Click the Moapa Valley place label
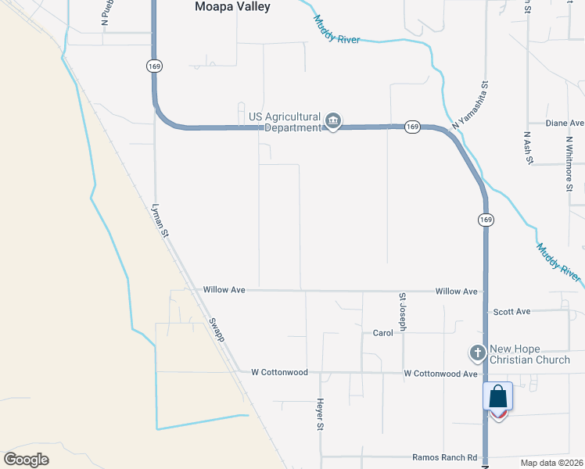(231, 7)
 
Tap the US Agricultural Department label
(285, 122)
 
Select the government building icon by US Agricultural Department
(333, 122)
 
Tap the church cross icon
(477, 353)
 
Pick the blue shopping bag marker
(497, 399)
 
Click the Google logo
(26, 460)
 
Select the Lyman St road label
(160, 220)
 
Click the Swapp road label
(217, 330)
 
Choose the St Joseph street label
(403, 312)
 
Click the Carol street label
(382, 332)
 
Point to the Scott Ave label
(511, 311)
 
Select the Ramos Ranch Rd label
(444, 457)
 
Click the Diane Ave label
(565, 124)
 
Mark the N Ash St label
(528, 146)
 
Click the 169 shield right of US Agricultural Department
(412, 127)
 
